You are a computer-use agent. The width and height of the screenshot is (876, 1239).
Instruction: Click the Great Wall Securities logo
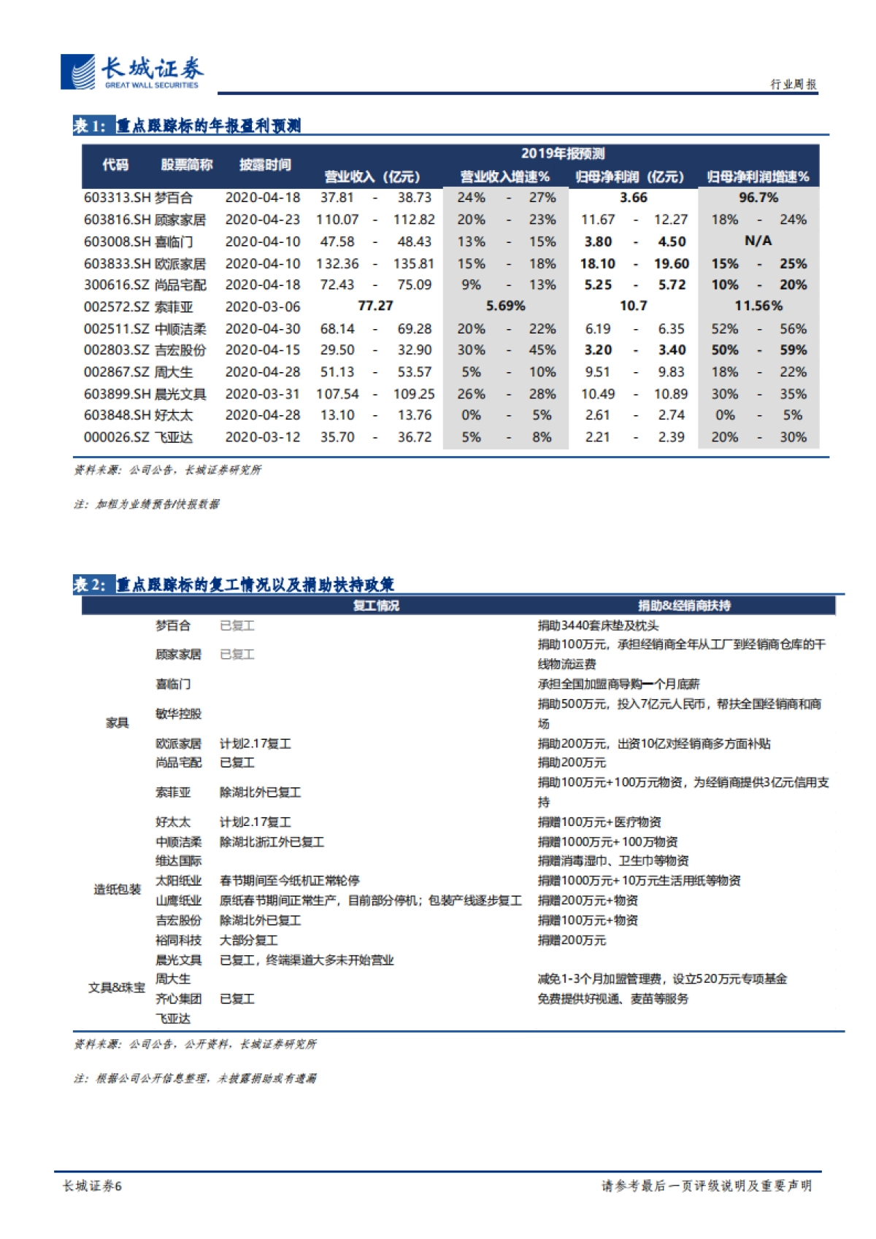tap(131, 72)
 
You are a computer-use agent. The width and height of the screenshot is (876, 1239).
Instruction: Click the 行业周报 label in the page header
tap(793, 85)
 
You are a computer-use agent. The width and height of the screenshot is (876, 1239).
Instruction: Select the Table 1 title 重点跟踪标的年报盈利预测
tap(208, 126)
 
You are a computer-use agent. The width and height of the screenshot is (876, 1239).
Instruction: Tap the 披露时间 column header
tap(265, 165)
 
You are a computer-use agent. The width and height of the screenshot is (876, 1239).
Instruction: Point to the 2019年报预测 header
tap(562, 153)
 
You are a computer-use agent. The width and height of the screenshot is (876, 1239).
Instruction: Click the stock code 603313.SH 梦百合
tap(138, 198)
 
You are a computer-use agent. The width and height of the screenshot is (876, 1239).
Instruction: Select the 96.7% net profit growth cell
tap(758, 198)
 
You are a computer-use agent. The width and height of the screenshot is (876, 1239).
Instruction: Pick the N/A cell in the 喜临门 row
tap(758, 241)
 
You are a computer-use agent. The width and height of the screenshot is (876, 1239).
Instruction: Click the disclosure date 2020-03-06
tap(262, 306)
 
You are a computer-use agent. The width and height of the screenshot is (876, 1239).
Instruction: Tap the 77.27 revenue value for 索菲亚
tap(375, 306)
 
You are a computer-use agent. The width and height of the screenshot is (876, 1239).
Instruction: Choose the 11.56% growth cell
tap(758, 306)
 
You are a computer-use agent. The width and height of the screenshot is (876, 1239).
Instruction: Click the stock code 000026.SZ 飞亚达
tap(138, 437)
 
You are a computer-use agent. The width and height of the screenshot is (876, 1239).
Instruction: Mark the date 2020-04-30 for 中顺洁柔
tap(262, 329)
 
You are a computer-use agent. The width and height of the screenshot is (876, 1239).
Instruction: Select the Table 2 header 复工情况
tap(376, 606)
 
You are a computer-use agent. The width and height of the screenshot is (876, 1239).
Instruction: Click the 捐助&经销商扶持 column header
tap(684, 606)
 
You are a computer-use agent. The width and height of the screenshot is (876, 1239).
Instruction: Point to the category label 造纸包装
tap(117, 889)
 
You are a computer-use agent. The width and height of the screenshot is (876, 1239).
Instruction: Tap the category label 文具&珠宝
tap(117, 988)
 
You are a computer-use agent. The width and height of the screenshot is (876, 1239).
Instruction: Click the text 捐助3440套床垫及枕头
tap(598, 625)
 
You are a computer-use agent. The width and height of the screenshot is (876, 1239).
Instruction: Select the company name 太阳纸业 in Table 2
tap(178, 881)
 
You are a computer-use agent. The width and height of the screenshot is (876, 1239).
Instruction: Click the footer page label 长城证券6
tap(93, 1186)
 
